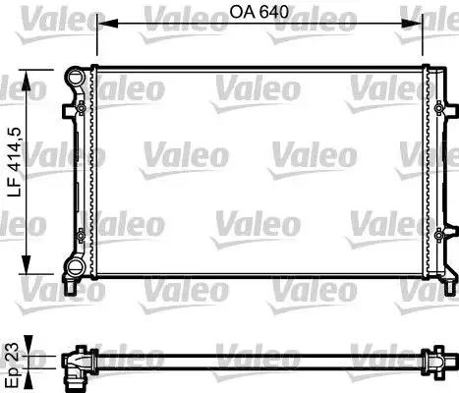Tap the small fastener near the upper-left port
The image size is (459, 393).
(72, 106)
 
